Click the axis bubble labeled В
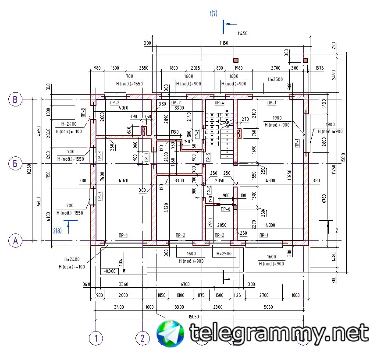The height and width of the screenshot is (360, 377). coord(15,99)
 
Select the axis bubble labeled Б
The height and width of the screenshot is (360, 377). coord(15,164)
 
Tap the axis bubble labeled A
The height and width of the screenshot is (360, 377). coord(15,240)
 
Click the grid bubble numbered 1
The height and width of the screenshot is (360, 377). coord(96,338)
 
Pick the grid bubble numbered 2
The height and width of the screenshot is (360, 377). coord(142,338)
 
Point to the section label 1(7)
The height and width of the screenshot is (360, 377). coord(213,14)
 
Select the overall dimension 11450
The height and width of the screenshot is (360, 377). coord(243,33)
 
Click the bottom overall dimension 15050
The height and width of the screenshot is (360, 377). coord(193,316)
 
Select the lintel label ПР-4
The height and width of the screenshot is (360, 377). coord(219,103)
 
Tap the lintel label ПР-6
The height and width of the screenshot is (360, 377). coord(225,209)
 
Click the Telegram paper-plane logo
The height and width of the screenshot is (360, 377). coord(171,334)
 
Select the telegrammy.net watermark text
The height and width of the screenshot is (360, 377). coord(279,333)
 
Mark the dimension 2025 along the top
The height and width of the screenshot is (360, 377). coord(196,68)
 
